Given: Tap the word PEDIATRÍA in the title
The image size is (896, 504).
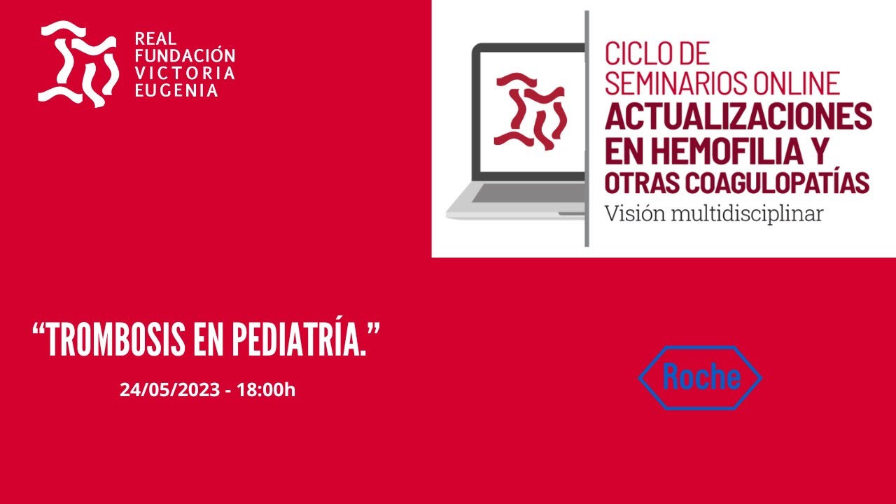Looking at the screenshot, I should [x=301, y=341].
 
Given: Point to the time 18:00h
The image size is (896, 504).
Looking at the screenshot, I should [x=266, y=390].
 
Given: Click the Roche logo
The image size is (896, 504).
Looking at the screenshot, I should [x=700, y=378].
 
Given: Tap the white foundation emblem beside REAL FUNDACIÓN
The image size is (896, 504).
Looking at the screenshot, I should [x=77, y=63].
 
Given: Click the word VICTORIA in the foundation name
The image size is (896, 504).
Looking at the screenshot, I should [x=185, y=73].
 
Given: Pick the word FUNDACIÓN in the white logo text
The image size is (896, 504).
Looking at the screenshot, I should [x=184, y=56].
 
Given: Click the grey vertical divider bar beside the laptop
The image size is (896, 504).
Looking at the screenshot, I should [x=587, y=129].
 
